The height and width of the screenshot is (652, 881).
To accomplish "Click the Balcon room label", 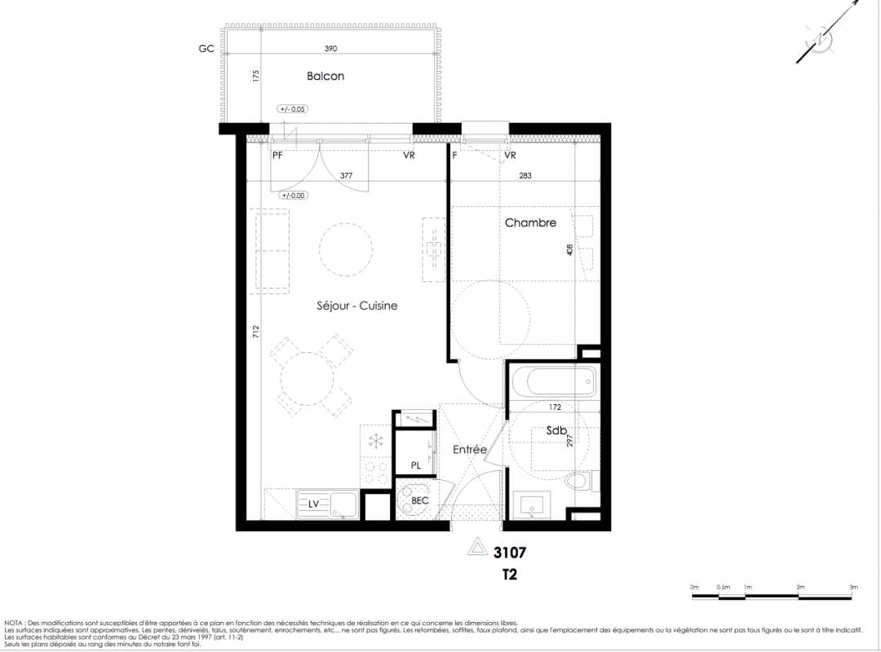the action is (325, 76).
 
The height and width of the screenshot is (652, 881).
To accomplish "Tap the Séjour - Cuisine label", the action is (356, 306).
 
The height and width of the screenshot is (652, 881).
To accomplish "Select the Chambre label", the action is (530, 222).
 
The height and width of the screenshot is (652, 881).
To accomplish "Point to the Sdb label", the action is (556, 431).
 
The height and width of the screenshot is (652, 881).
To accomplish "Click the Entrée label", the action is (470, 449).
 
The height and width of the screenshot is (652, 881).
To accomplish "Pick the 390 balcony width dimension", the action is (330, 49).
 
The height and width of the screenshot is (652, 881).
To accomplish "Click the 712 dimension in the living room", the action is (256, 332).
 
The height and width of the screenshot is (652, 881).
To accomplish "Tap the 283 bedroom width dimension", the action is (525, 176).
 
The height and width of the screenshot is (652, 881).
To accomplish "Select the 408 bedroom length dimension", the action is (569, 250).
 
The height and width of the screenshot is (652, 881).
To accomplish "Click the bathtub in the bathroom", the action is (554, 382).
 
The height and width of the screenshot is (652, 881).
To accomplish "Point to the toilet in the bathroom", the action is (578, 482).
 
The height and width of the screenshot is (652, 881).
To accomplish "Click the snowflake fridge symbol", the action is (374, 442).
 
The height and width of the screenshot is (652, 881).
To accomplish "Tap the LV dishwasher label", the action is (313, 504).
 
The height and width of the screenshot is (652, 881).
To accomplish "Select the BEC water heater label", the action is (420, 500).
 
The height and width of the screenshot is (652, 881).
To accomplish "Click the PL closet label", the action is (416, 465).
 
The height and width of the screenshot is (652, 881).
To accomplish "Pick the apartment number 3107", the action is (510, 553).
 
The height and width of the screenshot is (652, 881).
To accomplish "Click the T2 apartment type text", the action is (509, 575).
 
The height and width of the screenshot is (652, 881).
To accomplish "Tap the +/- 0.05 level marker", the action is (293, 109).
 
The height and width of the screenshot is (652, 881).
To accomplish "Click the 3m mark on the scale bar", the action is (853, 588).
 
